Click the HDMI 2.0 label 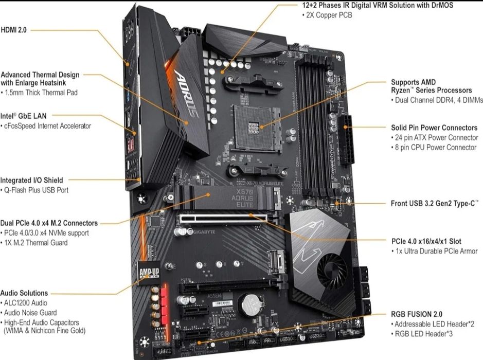click(x=15, y=30)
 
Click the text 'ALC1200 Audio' click(x=26, y=303)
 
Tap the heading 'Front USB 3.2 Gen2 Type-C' click(x=435, y=203)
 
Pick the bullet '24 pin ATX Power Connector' click(x=434, y=138)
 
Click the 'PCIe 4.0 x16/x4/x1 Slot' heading click(x=426, y=241)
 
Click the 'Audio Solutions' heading click(x=24, y=293)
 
